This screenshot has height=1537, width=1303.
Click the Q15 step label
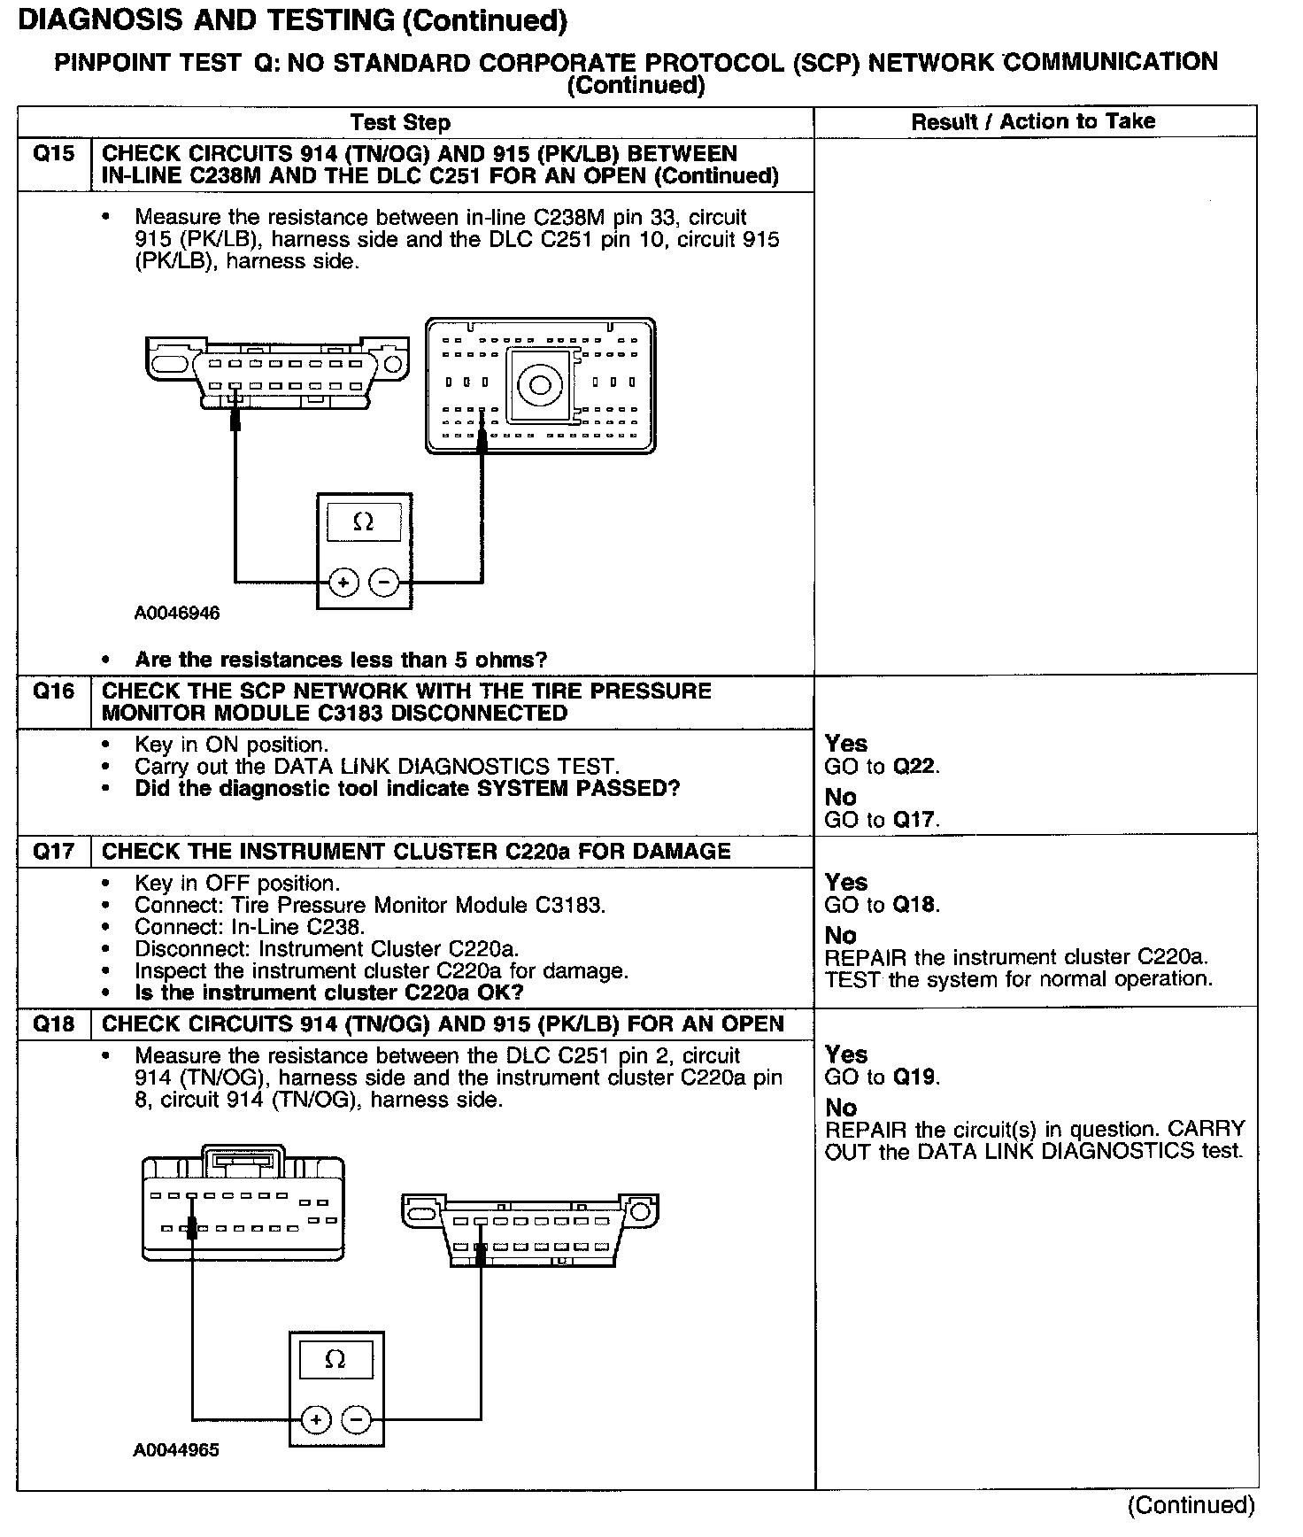[53, 154]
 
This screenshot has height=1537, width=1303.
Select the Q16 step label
[53, 691]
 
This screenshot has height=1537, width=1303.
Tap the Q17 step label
[53, 852]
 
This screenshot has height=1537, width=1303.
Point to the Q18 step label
[53, 1024]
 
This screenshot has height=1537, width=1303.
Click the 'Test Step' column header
[400, 122]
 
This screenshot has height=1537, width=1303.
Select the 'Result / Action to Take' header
[1033, 121]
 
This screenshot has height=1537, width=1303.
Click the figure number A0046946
[177, 613]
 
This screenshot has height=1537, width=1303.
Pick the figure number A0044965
[176, 1450]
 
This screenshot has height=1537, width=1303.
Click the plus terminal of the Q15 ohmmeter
[343, 583]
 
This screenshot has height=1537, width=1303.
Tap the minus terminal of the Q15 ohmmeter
[384, 583]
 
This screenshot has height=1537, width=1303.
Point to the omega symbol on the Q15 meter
[363, 522]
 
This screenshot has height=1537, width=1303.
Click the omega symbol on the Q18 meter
[335, 1360]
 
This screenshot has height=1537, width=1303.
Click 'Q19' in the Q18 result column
[914, 1077]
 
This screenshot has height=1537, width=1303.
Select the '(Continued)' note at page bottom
[1191, 1505]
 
